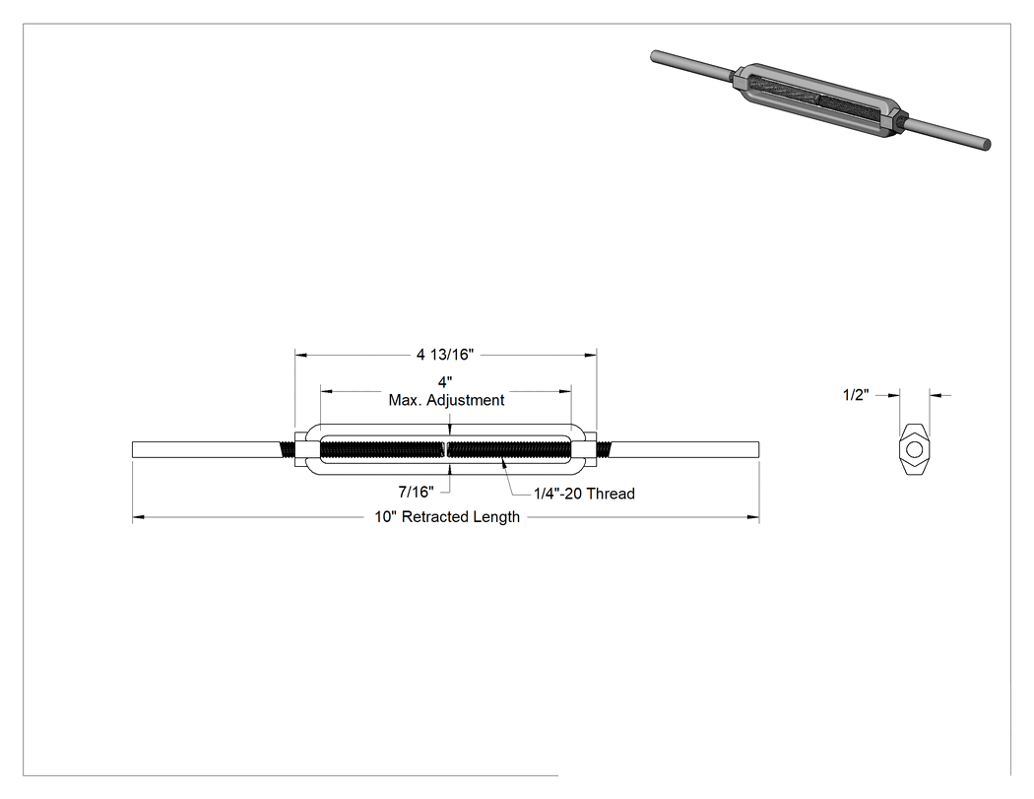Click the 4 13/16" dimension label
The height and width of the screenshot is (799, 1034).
(445, 355)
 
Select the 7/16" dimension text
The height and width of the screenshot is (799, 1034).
(417, 492)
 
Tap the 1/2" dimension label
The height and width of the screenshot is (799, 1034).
(856, 395)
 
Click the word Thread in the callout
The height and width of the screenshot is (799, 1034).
(611, 494)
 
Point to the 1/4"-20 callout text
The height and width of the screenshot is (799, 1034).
(558, 494)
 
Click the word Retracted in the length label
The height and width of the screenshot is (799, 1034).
(432, 516)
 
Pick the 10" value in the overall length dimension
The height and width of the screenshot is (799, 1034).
(386, 516)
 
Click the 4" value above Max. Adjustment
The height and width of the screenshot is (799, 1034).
(445, 382)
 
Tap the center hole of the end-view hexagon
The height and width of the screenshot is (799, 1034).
(914, 449)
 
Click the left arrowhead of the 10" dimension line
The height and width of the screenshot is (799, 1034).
(139, 517)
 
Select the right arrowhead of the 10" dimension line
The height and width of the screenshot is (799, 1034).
(753, 517)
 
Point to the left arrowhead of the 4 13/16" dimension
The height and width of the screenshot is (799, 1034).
(301, 355)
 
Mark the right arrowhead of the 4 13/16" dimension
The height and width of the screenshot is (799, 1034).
(590, 355)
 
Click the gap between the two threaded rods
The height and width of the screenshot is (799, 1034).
(446, 449)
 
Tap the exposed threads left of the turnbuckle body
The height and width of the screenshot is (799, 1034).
(288, 449)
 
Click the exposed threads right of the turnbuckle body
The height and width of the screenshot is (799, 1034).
(604, 449)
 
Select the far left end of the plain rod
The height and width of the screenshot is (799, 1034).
(133, 449)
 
